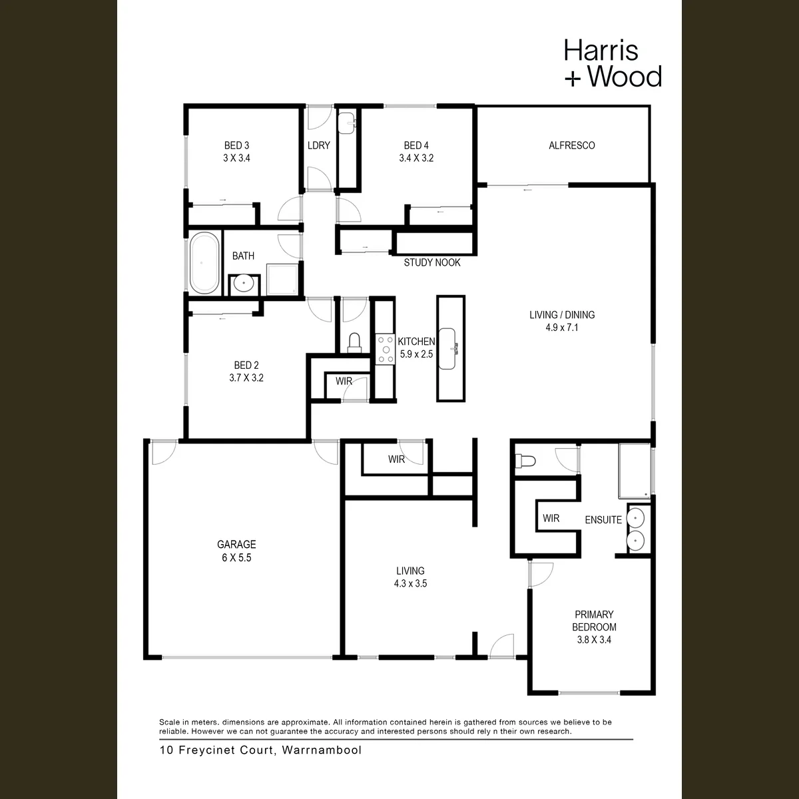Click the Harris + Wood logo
coord(613,63)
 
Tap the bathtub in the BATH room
coord(204,263)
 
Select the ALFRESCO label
coord(571,146)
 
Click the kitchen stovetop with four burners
coord(386,350)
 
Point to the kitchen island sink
coord(448,349)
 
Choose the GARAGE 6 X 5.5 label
coord(236,551)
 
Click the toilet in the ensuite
coord(525,461)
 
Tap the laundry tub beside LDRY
coord(346,123)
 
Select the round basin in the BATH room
coord(244,284)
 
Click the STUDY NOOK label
coord(432,262)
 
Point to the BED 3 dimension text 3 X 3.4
coord(236,158)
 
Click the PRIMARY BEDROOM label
coord(594,621)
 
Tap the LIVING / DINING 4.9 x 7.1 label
coord(562,321)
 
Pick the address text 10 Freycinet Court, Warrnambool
coord(260,750)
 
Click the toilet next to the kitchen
coord(354,343)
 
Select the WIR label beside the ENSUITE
coord(551,518)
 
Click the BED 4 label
coord(416,146)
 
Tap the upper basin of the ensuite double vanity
coord(635,518)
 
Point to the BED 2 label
coord(246,366)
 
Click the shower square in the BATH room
coord(282,279)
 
